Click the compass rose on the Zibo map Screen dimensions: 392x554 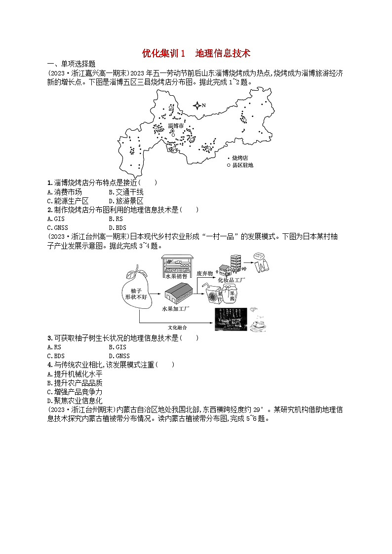197,105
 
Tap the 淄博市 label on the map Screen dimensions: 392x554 176,126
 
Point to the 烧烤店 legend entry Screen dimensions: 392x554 239,157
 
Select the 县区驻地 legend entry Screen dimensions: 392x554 242,165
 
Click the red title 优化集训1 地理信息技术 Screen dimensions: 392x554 196,53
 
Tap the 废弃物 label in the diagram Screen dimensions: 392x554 204,273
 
